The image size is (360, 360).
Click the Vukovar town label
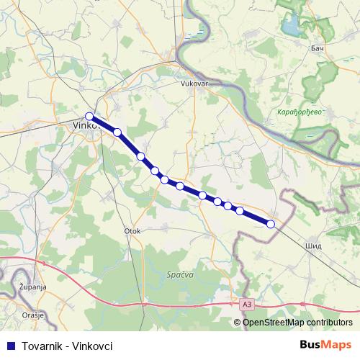click(194, 83)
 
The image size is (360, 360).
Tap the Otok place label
click(132, 231)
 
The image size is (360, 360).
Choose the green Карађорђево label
click(299, 112)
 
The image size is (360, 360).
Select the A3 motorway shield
click(248, 305)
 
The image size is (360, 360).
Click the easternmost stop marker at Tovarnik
click(271, 224)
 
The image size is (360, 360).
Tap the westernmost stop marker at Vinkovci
click(89, 116)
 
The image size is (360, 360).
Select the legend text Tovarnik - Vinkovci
click(68, 346)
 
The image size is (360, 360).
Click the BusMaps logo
click(325, 345)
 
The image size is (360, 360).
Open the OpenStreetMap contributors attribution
click(297, 323)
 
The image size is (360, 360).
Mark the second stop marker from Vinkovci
click(117, 132)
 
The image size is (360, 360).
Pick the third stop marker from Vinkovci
click(140, 156)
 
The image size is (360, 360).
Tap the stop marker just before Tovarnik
click(240, 211)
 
